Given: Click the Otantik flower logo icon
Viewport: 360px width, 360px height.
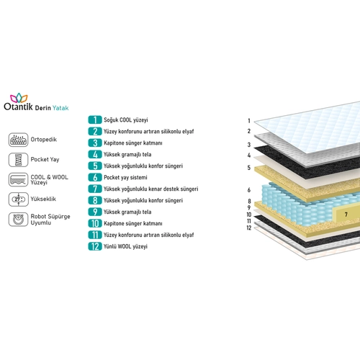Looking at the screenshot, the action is (x=19, y=98).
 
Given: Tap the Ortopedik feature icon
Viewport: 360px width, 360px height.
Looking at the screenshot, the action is (x=19, y=140).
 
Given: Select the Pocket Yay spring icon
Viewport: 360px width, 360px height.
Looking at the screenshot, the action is (x=19, y=160).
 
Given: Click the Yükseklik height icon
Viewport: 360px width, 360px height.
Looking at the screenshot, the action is (x=19, y=199).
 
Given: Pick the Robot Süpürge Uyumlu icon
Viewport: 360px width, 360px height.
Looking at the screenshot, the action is (x=19, y=220).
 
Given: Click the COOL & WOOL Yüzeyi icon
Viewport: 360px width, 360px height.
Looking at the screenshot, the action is (x=19, y=179).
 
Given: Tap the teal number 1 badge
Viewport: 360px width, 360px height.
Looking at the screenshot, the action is (x=95, y=120).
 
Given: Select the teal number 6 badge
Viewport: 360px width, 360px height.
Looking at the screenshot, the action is (x=95, y=177).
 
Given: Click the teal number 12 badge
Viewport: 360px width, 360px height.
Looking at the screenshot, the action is (x=95, y=246).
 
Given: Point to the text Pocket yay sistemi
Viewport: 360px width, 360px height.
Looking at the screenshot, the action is (x=125, y=178).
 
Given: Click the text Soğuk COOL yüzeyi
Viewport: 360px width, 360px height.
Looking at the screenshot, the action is (x=126, y=120).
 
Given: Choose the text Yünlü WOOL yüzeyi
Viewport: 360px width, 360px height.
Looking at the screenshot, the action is (x=125, y=246).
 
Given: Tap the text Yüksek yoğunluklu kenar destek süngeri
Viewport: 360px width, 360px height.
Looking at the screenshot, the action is (x=151, y=189).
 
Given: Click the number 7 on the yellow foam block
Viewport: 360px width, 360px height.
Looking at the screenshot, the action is (x=346, y=215).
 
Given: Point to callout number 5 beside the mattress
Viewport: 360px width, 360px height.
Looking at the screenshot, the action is (x=249, y=168).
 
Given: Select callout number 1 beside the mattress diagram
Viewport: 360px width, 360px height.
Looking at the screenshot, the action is (x=249, y=121).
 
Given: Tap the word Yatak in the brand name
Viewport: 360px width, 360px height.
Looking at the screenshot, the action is (x=60, y=108).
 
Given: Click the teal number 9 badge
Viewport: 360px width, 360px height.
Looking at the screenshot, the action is (x=95, y=212).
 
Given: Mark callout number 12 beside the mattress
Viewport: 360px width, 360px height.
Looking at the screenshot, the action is (x=249, y=228).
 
